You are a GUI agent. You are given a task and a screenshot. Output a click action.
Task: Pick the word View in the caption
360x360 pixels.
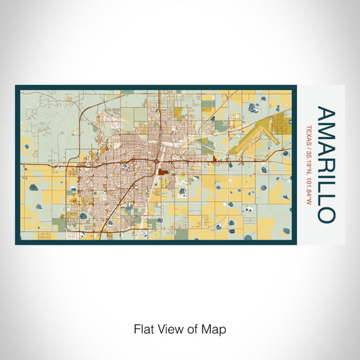pyautogui.click(x=167, y=328)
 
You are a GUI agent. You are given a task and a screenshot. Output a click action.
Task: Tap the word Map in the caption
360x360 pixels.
pyautogui.click(x=214, y=328)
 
